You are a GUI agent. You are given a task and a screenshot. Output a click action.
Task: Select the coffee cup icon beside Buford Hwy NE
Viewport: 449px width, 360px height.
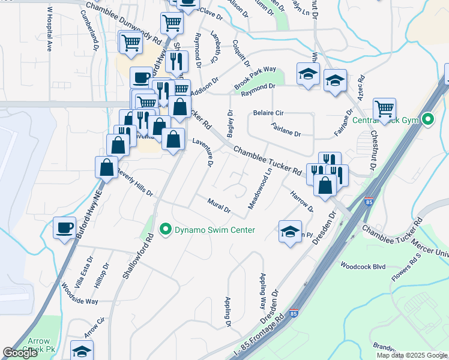coord(64,227)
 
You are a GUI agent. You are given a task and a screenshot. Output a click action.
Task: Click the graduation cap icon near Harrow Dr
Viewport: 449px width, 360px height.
coord(290,232)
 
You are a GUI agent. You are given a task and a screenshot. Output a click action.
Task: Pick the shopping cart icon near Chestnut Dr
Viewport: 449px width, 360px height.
coord(384,109)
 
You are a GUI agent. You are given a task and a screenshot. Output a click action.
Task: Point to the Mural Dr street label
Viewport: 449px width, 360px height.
coord(219,205)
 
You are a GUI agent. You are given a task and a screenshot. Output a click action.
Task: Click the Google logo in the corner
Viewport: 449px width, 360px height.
coord(20,353)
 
